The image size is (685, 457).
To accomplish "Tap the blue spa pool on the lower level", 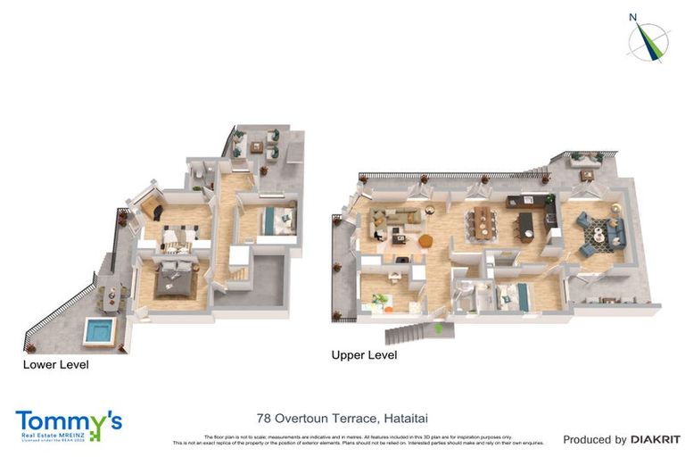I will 99,331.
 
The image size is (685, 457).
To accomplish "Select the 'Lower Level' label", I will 56,364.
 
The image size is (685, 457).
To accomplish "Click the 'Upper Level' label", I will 364,355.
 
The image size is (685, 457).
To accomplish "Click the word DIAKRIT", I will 656,439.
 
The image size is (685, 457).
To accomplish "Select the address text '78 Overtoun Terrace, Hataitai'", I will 342,417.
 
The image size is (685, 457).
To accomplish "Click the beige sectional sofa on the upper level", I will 393,219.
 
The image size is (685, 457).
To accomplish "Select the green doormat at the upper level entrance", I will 438,328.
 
